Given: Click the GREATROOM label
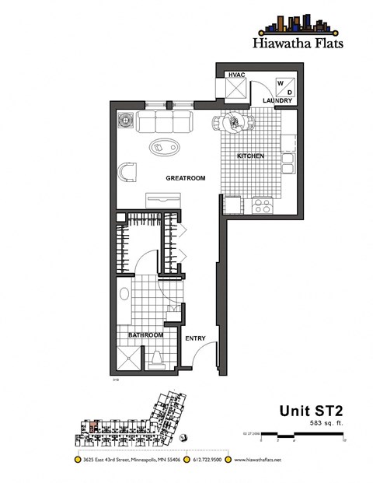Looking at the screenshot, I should point(185,179).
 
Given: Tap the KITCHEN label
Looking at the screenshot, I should point(250,156).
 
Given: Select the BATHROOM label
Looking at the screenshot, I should point(145,335).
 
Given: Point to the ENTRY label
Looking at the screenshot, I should point(194,338).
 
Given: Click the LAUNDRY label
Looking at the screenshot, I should point(277,102).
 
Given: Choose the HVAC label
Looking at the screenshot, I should point(235,75).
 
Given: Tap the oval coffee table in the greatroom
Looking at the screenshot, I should point(162,145).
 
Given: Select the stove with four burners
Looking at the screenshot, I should point(261,206).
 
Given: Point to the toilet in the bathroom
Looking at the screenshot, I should point(158,357).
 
